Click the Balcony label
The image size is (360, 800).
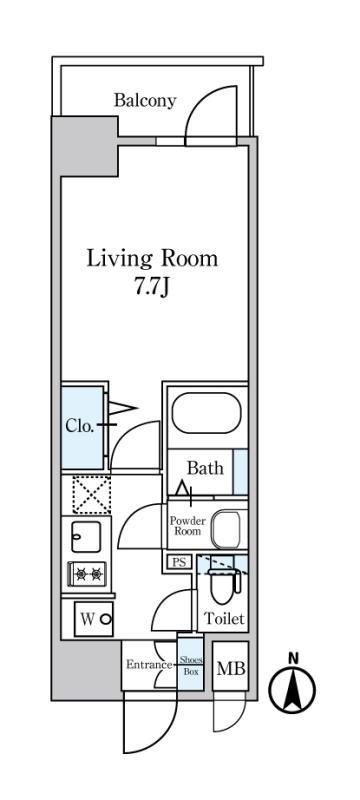pyautogui.click(x=145, y=101)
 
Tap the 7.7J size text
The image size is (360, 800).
pyautogui.click(x=151, y=288)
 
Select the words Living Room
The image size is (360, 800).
pyautogui.click(x=152, y=259)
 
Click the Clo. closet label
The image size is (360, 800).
pyautogui.click(x=80, y=426)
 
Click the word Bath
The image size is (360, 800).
pyautogui.click(x=205, y=468)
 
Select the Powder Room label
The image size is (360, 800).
pyautogui.click(x=188, y=526)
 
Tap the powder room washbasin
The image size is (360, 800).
pyautogui.click(x=226, y=530)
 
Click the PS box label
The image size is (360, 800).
pyautogui.click(x=178, y=563)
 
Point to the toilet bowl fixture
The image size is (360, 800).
pyautogui.click(x=222, y=587)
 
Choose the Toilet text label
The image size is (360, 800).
pyautogui.click(x=224, y=619)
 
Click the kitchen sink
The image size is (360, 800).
pyautogui.click(x=86, y=537)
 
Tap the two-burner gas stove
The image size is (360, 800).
pyautogui.click(x=87, y=575)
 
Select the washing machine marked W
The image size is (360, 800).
pyautogui.click(x=93, y=619)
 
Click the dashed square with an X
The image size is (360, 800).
pyautogui.click(x=91, y=494)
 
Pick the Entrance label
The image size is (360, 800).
pyautogui.click(x=149, y=665)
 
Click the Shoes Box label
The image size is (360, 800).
pyautogui.click(x=191, y=666)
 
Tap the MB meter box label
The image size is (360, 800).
pyautogui.click(x=231, y=669)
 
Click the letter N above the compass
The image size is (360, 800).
pyautogui.click(x=293, y=659)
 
